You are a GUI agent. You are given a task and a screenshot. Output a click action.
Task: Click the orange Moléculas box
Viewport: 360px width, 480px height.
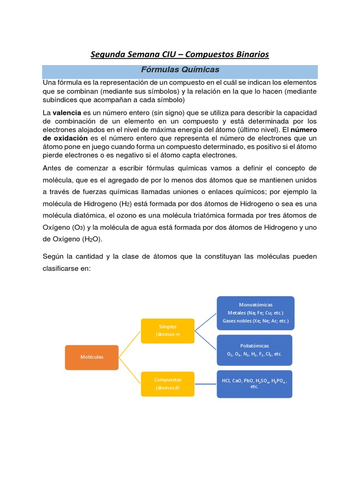click(x=91, y=357)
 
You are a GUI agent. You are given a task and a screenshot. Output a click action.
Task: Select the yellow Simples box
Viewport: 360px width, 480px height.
click(x=167, y=330)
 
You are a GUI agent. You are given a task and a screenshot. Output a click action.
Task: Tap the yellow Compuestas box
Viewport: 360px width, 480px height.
click(x=167, y=384)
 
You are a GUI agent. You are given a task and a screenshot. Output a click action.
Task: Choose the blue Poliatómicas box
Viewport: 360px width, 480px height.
click(x=255, y=350)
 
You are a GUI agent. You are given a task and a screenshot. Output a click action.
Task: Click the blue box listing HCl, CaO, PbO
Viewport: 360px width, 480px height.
click(x=254, y=384)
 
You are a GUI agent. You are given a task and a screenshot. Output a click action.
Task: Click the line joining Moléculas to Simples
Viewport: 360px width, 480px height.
click(x=130, y=344)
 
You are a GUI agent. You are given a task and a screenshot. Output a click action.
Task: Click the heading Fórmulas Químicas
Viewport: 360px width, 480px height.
click(x=180, y=70)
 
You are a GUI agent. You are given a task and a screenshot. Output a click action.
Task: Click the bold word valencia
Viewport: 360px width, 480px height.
click(x=67, y=113)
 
